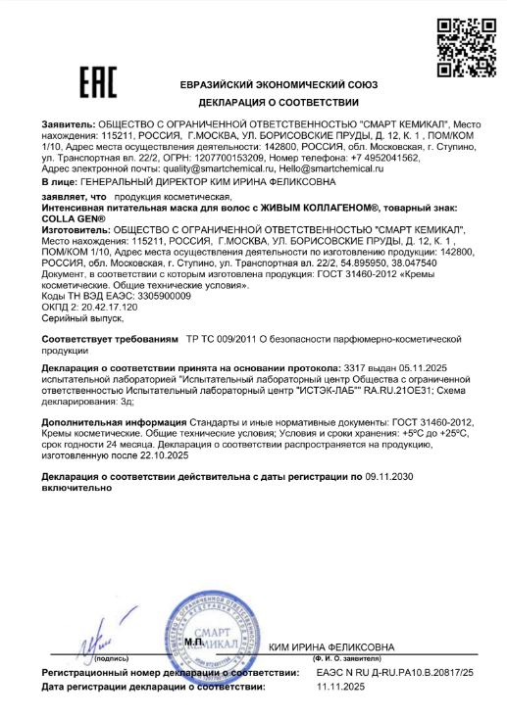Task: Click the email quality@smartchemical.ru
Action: click(196, 168)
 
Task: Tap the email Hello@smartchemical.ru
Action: click(329, 168)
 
